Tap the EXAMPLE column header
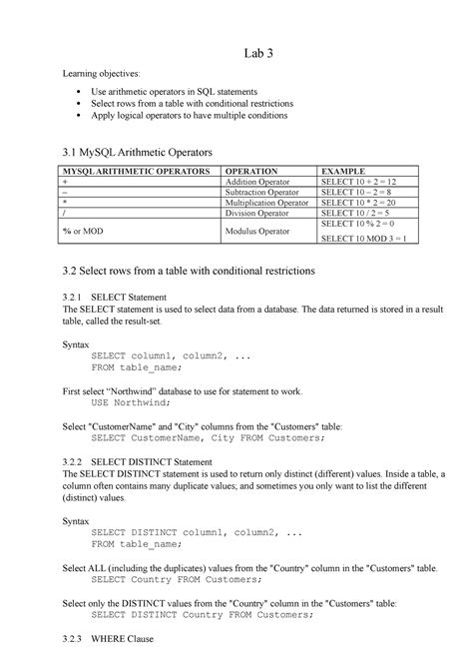coord(343,172)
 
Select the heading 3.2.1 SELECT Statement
coord(121,298)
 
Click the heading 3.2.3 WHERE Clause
coord(111,639)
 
